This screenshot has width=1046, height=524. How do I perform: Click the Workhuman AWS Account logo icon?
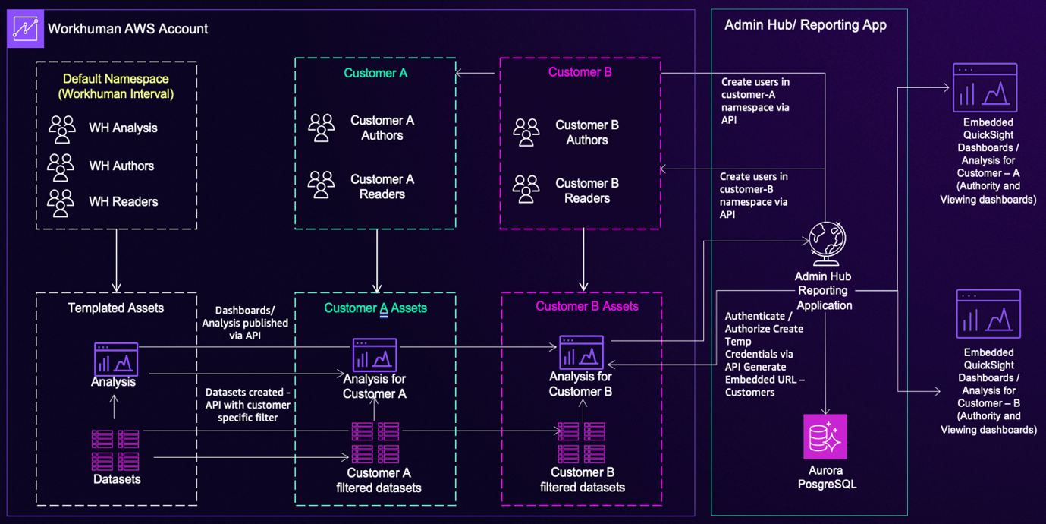25,29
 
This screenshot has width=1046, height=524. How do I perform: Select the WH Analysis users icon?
62,129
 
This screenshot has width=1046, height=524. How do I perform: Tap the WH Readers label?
123,202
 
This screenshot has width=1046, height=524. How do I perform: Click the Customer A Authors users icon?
322,128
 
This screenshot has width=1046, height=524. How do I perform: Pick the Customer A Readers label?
382,187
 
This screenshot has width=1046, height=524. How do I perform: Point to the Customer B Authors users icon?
526,132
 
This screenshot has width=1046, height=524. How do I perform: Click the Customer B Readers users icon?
526,190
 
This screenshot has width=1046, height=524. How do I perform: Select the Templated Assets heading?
115,308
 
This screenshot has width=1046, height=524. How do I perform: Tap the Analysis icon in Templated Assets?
116,358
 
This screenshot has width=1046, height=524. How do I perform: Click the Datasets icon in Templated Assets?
116,450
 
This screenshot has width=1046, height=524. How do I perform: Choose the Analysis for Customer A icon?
375,355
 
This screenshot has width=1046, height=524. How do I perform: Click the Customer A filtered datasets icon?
375,443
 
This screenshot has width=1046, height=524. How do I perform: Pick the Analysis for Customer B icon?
581,352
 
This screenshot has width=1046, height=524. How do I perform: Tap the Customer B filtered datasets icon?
582,443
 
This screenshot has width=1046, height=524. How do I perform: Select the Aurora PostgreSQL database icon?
825,437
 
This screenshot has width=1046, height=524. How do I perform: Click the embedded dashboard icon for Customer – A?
985,88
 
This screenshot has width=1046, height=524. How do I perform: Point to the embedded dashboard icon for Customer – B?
988,314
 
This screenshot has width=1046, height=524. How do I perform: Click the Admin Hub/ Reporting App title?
805,25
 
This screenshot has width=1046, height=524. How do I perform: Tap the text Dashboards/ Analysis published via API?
244,323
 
